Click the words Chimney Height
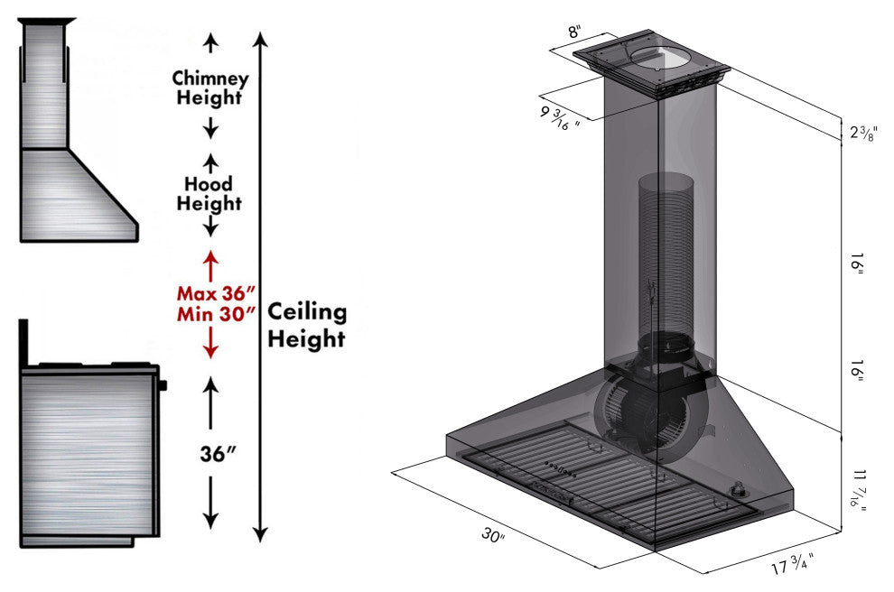(210, 88)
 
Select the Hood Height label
(209, 194)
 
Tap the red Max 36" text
(216, 294)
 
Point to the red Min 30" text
(216, 314)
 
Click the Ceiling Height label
(307, 326)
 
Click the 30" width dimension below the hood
(492, 536)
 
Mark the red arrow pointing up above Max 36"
(210, 266)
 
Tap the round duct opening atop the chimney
(658, 58)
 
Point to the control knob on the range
(163, 385)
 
